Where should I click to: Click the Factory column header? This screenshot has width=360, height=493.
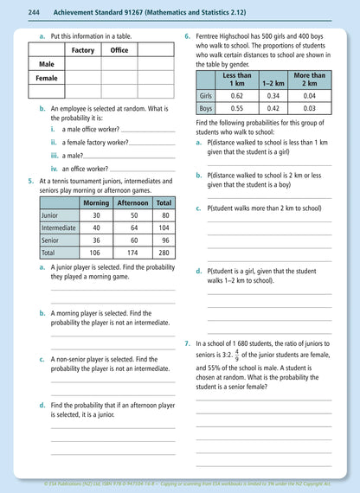[83, 50]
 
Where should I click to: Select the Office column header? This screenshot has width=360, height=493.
[119, 50]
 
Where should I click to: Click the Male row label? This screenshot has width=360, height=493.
[46, 64]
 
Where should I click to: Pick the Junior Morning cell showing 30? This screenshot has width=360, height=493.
[96, 214]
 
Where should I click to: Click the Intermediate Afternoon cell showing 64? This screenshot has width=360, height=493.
[133, 227]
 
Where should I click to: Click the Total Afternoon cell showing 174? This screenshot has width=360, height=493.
[133, 253]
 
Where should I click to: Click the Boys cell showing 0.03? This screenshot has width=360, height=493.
[310, 109]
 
